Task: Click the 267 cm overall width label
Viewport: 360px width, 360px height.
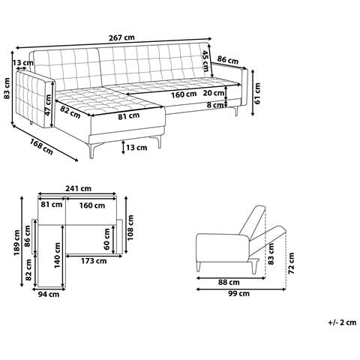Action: click(x=121, y=37)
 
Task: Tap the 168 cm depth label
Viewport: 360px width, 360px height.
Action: click(x=41, y=147)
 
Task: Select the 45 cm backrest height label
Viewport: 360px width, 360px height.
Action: click(x=205, y=61)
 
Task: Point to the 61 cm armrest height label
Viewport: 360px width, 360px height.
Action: click(x=257, y=93)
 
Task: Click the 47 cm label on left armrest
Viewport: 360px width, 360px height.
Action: click(x=47, y=105)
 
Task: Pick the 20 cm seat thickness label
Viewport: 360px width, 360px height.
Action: click(x=213, y=93)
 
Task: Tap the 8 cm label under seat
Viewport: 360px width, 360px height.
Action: click(x=215, y=105)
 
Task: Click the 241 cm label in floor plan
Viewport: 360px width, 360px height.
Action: click(x=78, y=188)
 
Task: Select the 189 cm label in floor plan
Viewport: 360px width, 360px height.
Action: click(x=16, y=242)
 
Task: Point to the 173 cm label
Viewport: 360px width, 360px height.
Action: click(x=94, y=261)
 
